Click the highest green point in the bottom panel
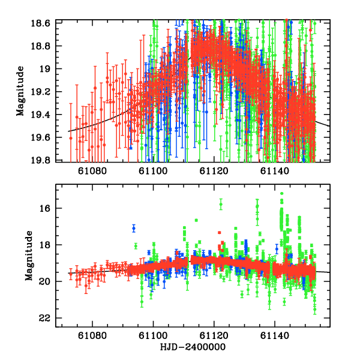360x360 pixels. (282, 194)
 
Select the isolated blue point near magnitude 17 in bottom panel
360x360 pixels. (134, 228)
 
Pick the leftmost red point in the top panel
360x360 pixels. (70, 138)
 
